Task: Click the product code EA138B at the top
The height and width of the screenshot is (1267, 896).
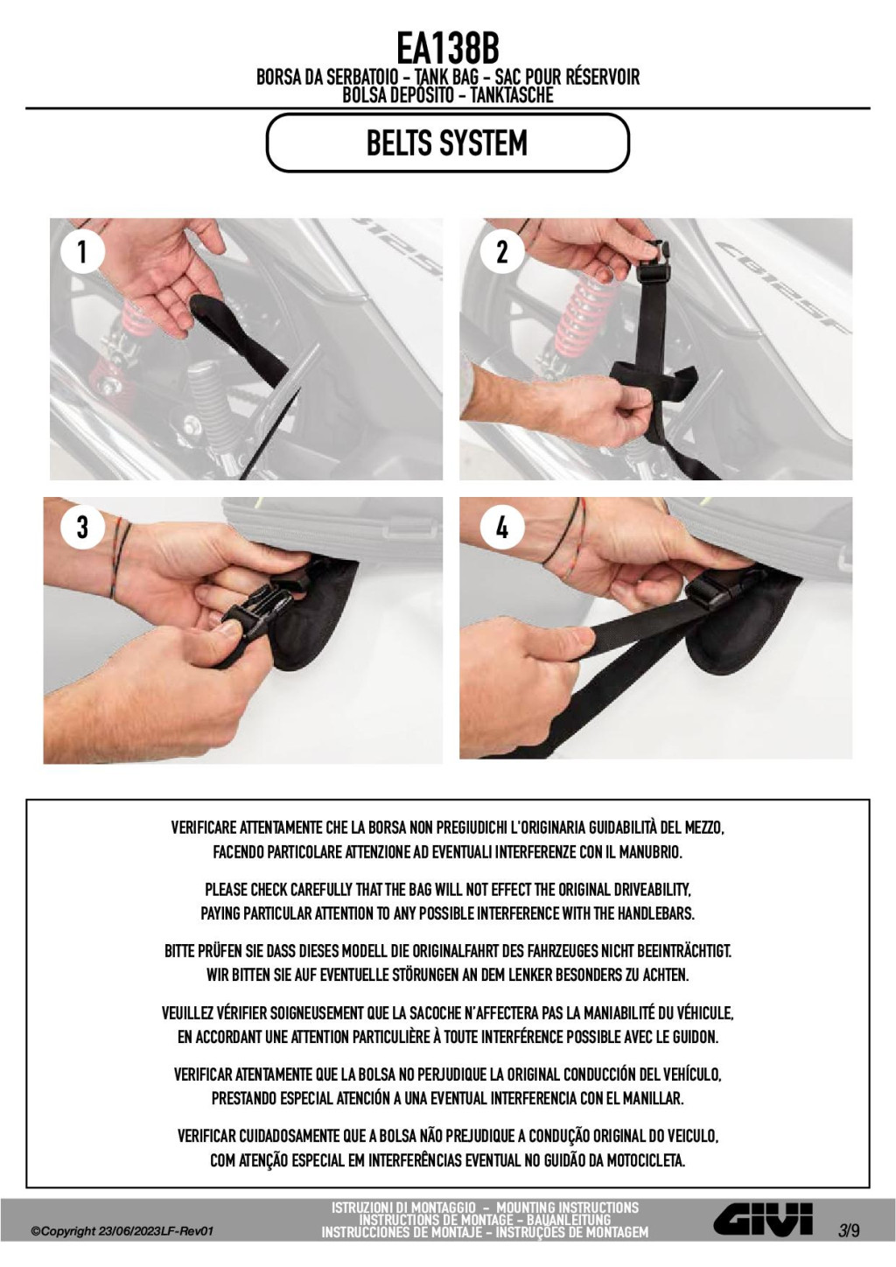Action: [447, 48]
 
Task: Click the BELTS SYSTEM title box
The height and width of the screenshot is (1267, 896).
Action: [447, 143]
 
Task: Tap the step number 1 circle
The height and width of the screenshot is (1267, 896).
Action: [82, 252]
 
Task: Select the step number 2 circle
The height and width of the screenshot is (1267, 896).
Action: [501, 252]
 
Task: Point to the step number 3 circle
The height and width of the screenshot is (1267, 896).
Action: [82, 527]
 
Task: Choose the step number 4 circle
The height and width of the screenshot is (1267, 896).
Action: [501, 527]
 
